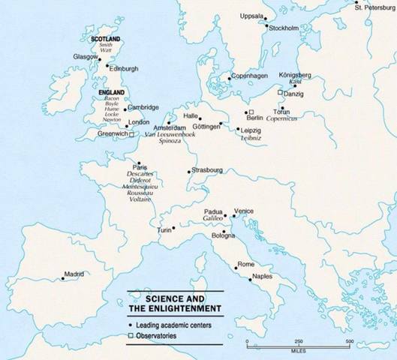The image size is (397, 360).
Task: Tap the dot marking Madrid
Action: pos(62,280)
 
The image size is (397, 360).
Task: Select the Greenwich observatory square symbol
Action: pos(131,135)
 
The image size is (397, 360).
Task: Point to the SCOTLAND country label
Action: pos(105,37)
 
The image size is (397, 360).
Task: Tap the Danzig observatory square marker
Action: pos(279,91)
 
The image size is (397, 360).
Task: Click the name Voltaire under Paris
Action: pos(140,199)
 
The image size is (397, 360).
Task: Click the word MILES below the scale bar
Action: pos(298,350)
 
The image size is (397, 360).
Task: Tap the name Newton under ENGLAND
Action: pos(110,118)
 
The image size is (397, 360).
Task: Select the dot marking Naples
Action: pos(246,277)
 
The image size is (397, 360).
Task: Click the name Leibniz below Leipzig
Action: pos(251,138)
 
